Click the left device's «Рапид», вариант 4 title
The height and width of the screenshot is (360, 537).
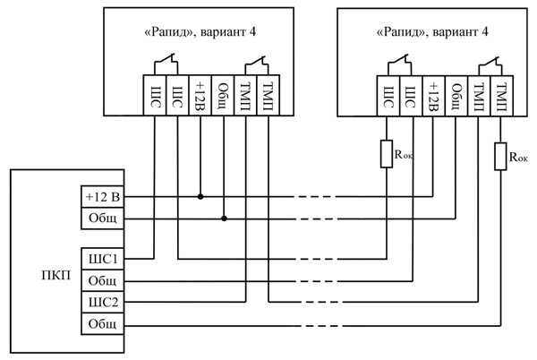click(200, 32)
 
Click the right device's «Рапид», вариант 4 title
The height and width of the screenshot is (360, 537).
click(433, 32)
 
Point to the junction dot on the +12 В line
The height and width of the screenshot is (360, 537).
click(200, 196)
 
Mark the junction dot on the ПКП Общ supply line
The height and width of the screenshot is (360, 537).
click(223, 218)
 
